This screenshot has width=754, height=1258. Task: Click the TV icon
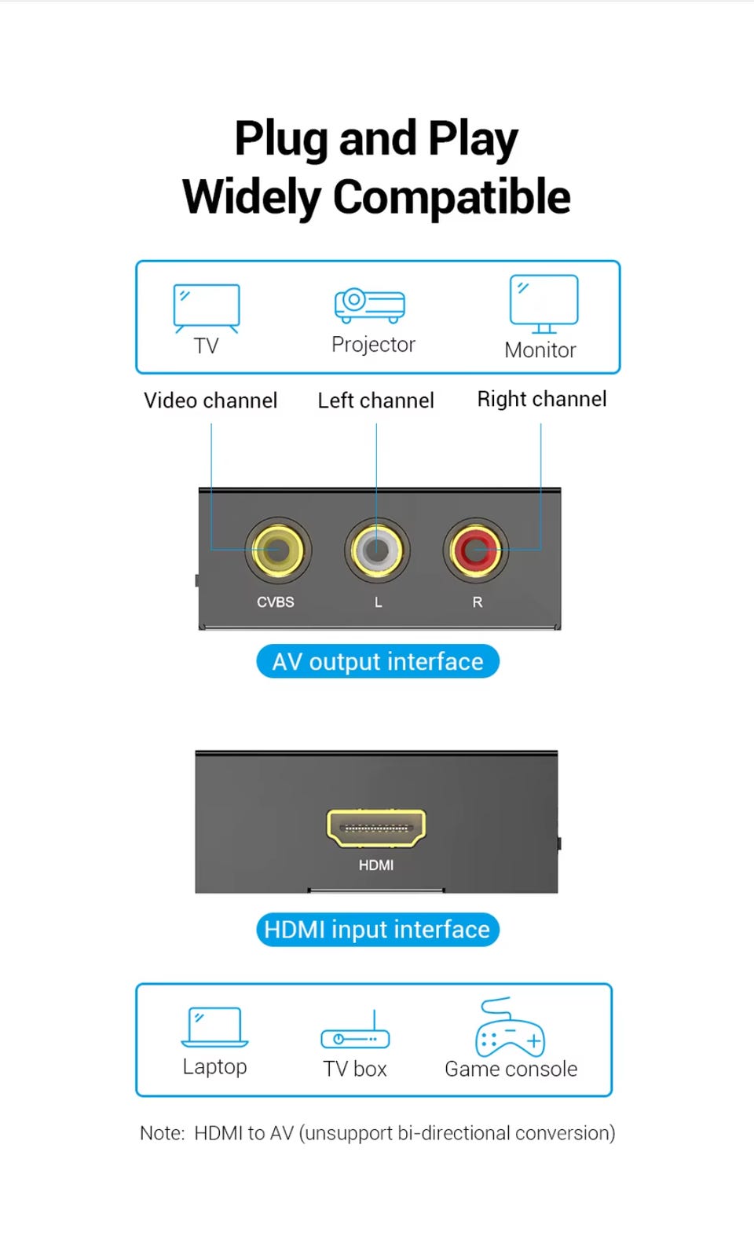point(207,307)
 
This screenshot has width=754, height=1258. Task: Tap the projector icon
point(370,305)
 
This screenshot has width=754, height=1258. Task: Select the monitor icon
point(544,303)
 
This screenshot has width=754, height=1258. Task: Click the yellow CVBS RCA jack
point(278,550)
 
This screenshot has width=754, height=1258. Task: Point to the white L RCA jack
point(377,550)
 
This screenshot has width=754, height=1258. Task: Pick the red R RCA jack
point(475,550)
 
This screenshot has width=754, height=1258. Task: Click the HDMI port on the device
point(376,828)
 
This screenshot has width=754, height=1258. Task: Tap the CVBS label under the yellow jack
point(276,602)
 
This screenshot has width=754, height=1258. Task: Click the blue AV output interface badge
point(378,661)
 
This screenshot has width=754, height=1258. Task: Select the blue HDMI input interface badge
point(377,930)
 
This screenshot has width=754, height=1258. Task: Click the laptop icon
point(214,1027)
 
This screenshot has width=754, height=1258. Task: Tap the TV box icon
point(355,1033)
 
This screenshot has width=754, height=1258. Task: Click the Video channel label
point(210,400)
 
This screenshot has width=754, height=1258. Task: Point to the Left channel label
point(375,400)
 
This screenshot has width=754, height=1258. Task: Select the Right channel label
point(542,399)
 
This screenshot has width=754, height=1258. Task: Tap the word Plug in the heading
point(280,139)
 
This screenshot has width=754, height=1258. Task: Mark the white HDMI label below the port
point(376,865)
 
